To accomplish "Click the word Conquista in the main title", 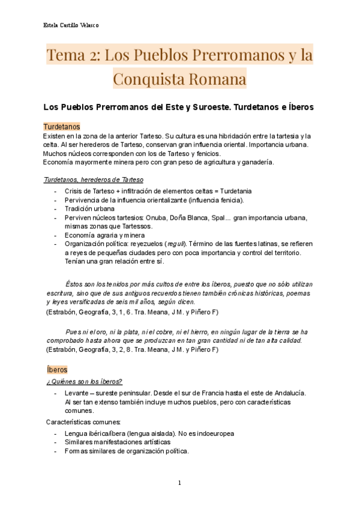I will [179, 79].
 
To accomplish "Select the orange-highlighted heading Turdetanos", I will [62, 127].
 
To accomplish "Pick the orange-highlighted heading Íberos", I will [57, 369].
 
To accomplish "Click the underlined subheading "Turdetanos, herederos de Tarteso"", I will [94, 179].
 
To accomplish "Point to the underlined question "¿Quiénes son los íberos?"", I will [84, 381].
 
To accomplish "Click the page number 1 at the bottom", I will [179, 483].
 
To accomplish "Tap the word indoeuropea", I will [212, 433].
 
